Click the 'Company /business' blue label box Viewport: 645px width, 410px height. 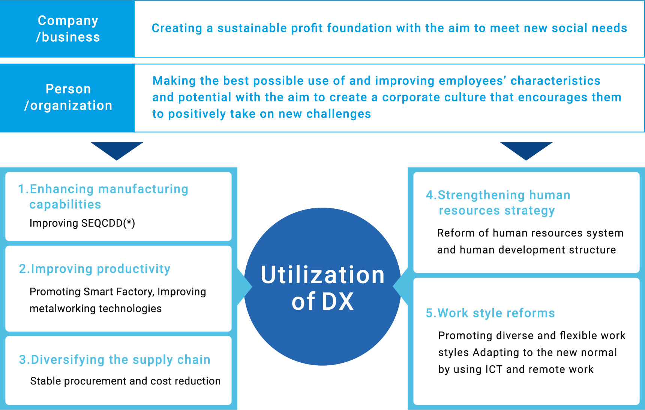click(67, 29)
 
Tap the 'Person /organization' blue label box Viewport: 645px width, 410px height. click(67, 98)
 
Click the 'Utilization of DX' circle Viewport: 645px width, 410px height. click(322, 286)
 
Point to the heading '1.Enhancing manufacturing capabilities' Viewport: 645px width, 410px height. click(103, 196)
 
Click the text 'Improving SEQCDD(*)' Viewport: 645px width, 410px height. click(82, 223)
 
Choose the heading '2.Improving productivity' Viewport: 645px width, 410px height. click(95, 269)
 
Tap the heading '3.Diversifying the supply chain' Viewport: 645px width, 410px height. click(115, 360)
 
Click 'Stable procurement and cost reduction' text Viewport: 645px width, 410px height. click(125, 381)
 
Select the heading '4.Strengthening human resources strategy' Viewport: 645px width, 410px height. click(498, 203)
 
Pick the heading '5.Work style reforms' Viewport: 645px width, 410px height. click(490, 313)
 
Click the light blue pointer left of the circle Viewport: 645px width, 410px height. click(244, 287)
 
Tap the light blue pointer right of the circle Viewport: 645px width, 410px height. click(400, 287)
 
